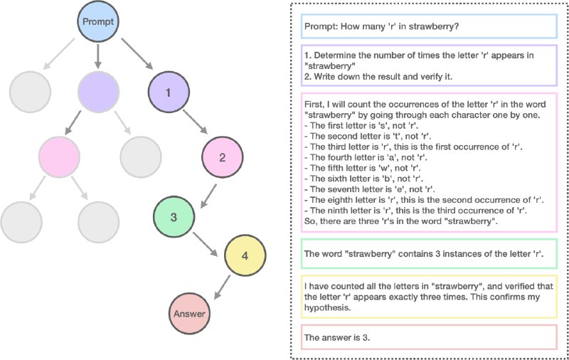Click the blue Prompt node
click(98, 21)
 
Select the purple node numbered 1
click(169, 92)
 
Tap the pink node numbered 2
click(222, 157)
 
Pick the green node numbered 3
click(174, 217)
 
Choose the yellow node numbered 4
click(245, 255)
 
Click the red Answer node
click(189, 314)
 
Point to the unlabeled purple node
click(98, 92)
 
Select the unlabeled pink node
click(59, 157)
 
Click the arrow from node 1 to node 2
click(195, 122)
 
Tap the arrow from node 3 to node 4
click(205, 244)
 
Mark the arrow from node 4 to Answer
click(222, 287)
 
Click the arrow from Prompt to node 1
click(137, 53)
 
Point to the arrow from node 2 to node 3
click(208, 196)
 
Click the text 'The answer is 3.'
click(337, 337)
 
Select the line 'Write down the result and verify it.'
click(378, 77)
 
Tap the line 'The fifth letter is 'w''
click(362, 168)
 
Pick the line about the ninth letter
click(415, 211)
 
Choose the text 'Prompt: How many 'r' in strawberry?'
click(382, 26)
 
